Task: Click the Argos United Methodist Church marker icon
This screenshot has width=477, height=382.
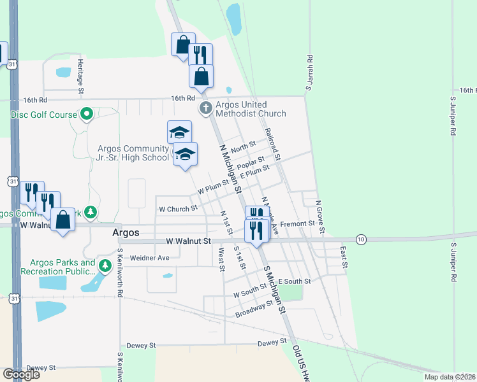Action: (205, 108)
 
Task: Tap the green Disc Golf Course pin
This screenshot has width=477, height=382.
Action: (87, 115)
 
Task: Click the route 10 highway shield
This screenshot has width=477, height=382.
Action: (362, 239)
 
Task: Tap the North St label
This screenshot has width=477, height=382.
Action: (243, 148)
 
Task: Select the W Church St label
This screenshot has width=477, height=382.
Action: (178, 208)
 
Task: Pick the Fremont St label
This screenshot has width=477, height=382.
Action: (298, 223)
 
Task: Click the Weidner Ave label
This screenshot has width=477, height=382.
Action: (149, 258)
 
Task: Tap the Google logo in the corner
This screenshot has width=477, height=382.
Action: (21, 374)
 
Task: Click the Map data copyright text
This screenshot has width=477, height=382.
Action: (449, 377)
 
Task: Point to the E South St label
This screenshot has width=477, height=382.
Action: (295, 281)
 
